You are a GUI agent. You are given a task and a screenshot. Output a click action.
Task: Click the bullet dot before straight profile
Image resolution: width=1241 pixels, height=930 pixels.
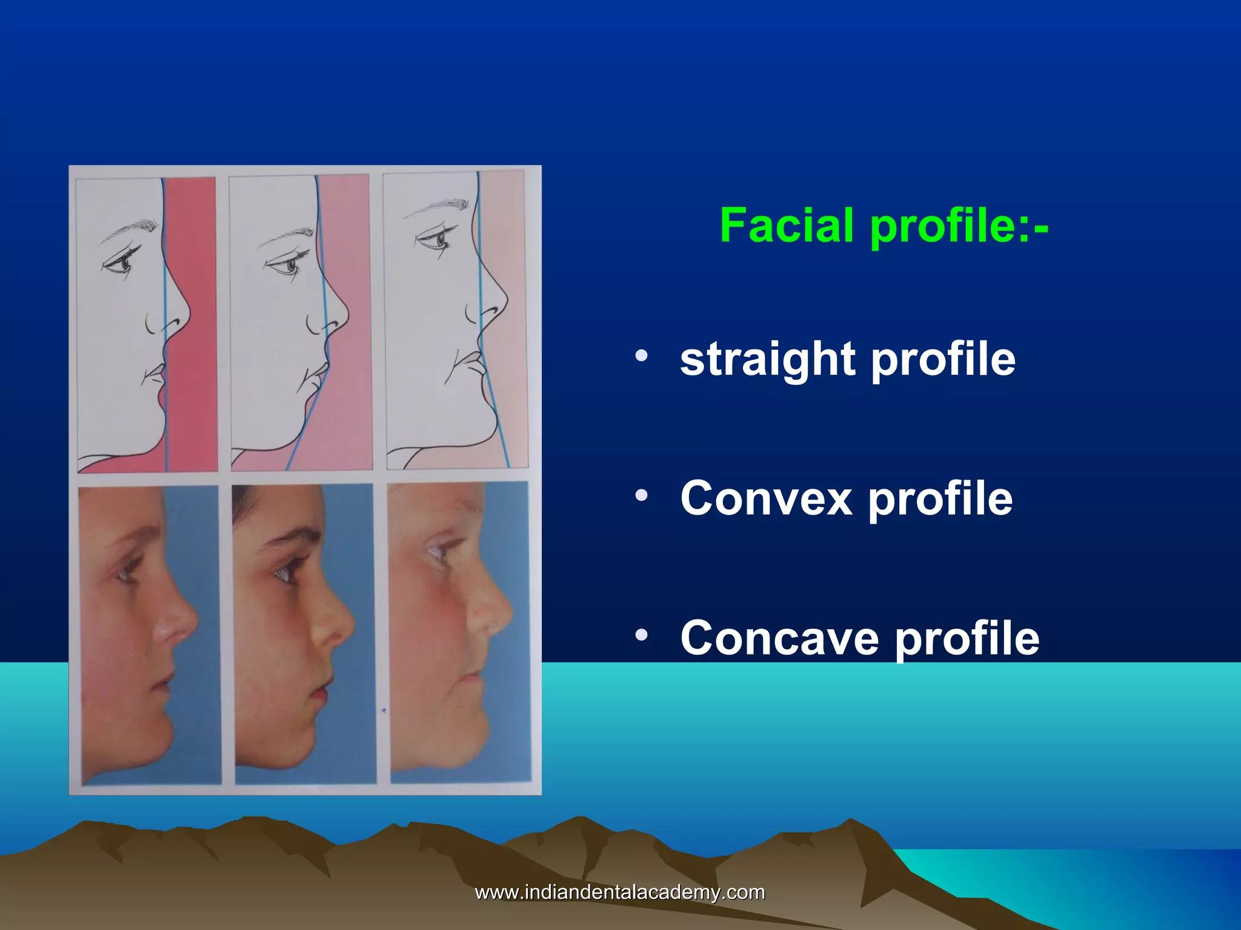coord(642,356)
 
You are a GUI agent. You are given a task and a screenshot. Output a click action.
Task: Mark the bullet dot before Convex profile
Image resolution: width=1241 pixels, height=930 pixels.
coord(642,496)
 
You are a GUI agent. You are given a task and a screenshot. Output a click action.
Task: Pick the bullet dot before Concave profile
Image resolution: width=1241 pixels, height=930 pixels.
coord(642,635)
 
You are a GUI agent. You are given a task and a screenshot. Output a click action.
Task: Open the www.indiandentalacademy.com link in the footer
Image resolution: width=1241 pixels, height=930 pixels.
coord(620,892)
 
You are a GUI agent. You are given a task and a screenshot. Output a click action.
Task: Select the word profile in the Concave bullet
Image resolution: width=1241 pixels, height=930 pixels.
coord(967,639)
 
